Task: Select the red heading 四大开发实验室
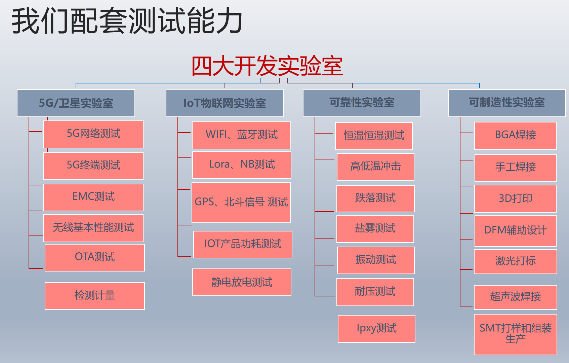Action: (x=267, y=66)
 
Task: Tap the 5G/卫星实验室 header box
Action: (x=76, y=103)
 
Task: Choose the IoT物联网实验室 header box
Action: (x=225, y=103)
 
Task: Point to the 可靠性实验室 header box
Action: (x=362, y=103)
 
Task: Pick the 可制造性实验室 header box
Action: (x=507, y=103)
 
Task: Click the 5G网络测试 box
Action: (x=93, y=134)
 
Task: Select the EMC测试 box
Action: (x=93, y=197)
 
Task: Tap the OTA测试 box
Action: (x=95, y=257)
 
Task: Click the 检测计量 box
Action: (x=95, y=296)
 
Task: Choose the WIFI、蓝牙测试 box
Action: (x=241, y=135)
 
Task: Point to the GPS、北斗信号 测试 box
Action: (x=241, y=203)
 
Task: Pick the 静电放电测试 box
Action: (x=242, y=282)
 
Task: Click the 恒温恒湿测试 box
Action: (x=374, y=136)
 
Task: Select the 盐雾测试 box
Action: (x=375, y=229)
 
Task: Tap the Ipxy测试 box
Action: (x=376, y=329)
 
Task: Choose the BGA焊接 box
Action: (x=516, y=136)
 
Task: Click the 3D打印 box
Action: (x=516, y=198)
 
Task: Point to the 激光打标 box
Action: (x=516, y=262)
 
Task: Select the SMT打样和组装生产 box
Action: (x=516, y=334)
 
